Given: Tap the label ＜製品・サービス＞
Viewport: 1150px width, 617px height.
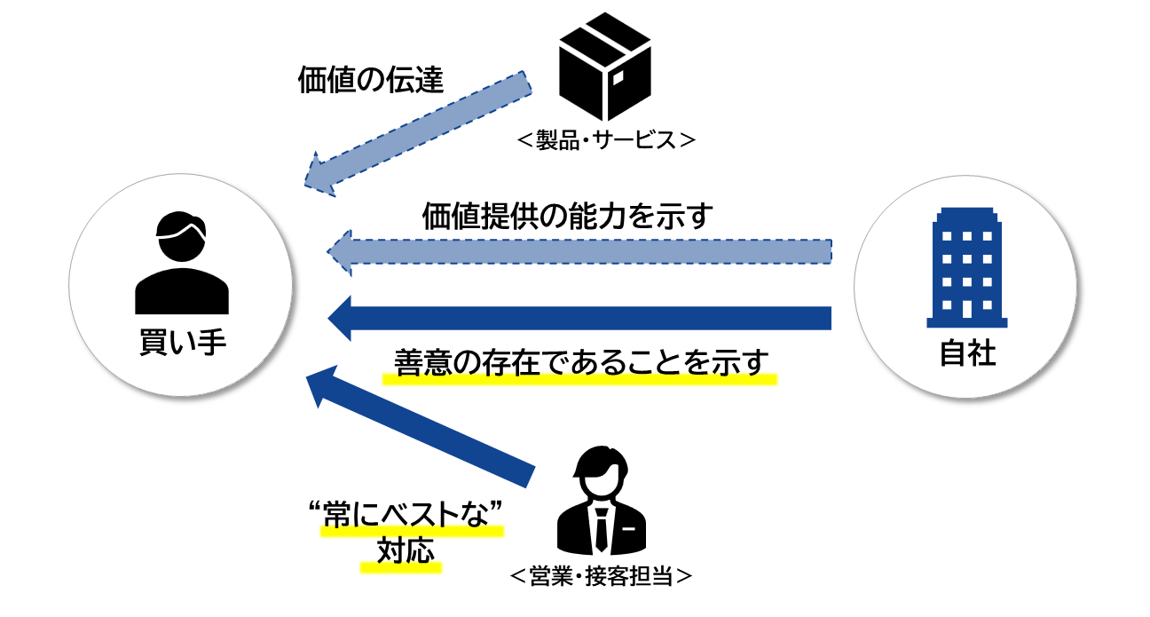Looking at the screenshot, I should coord(603,140).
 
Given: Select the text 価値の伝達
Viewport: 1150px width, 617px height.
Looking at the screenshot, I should coord(370,81).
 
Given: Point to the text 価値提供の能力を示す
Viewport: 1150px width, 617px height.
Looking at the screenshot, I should coord(568,216).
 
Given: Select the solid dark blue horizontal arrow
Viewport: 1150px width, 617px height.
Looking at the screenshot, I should coord(586,318).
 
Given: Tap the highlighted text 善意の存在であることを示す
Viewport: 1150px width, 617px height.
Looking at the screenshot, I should coord(580,363).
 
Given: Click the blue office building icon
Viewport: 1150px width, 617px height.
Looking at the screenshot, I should coord(966,266).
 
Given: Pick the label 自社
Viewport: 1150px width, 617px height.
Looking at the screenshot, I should coord(966,354).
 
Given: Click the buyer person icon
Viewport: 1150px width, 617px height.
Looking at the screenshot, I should coord(181,263).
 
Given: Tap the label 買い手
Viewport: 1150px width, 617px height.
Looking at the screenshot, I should coord(181,342).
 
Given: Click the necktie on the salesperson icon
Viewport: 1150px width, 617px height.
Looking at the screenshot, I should coord(601,528).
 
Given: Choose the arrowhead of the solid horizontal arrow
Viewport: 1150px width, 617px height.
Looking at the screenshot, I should coord(342,318).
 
